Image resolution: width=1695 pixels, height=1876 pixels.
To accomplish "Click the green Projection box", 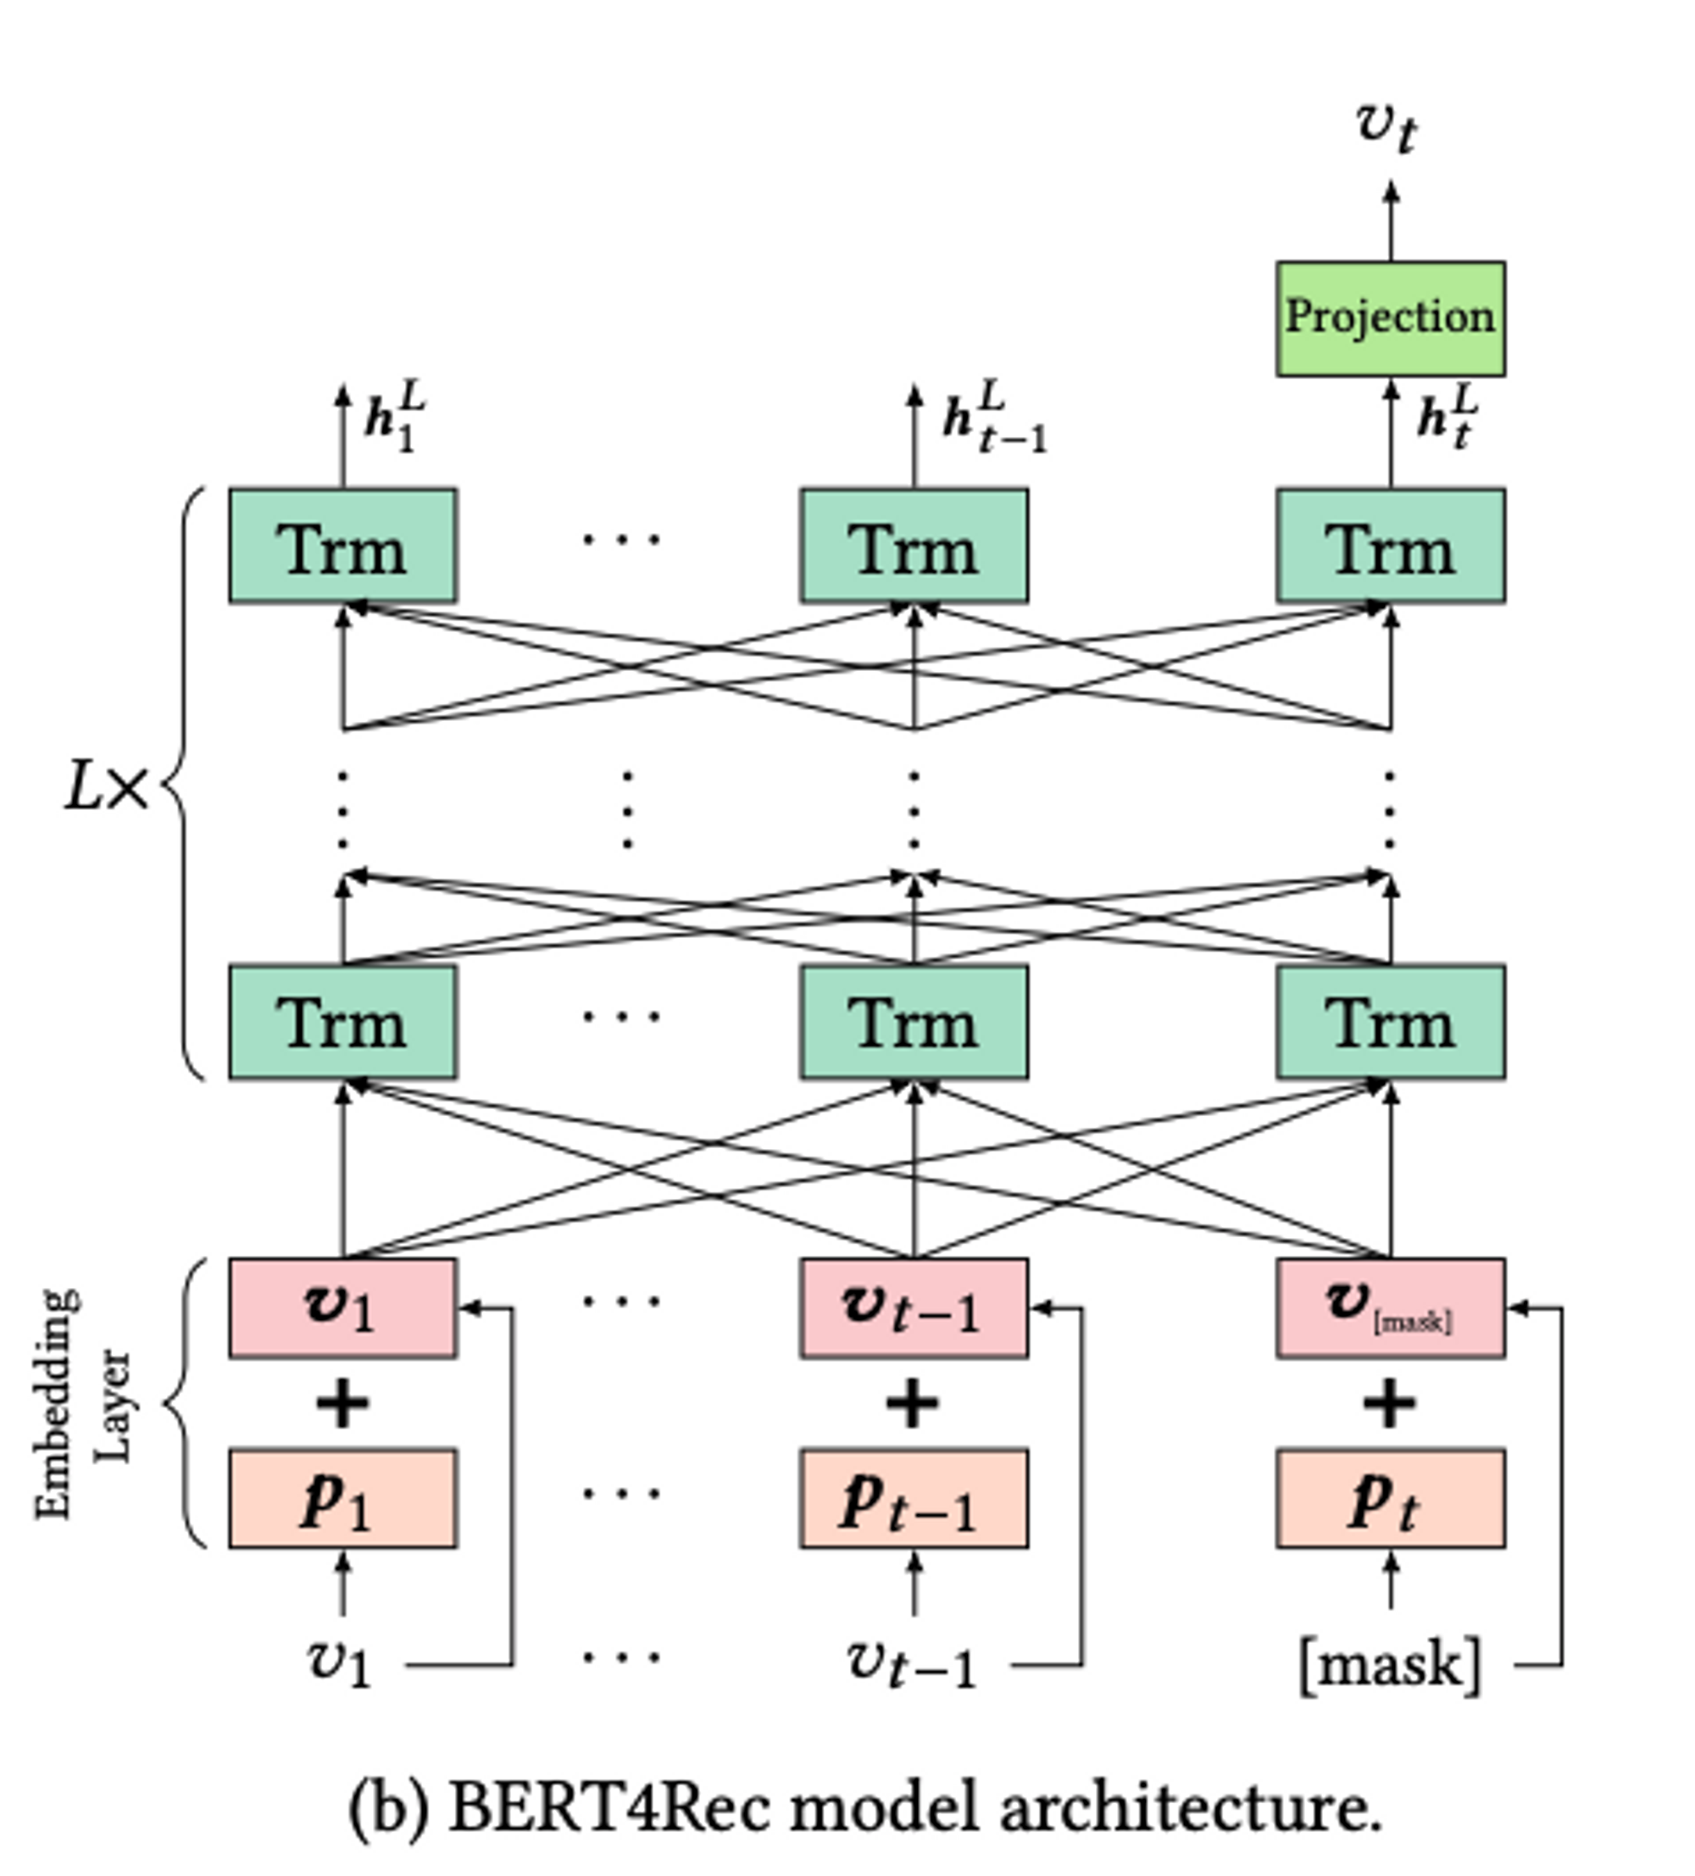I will tap(1390, 319).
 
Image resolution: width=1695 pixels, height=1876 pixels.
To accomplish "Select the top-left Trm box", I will tap(342, 547).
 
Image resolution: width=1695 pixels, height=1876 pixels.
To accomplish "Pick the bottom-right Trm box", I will tap(1390, 1022).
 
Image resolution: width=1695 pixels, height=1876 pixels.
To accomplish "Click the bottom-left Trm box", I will tap(342, 1022).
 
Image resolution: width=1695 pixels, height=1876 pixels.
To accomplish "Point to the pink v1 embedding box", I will tap(342, 1307).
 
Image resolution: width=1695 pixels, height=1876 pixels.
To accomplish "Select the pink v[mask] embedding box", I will tap(1390, 1307).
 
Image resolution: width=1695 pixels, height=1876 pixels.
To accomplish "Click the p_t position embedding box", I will tap(1390, 1498).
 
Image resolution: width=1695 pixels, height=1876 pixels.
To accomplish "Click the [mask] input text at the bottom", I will tap(1389, 1664).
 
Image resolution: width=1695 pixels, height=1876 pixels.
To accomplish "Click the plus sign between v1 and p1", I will tap(342, 1403).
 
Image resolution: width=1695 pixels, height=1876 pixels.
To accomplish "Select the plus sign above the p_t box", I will tap(1390, 1403).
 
